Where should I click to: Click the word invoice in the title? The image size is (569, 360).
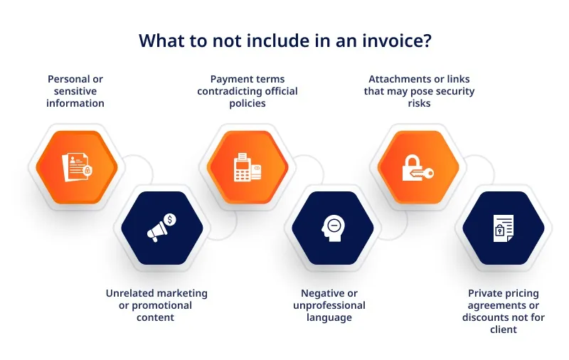(x=392, y=41)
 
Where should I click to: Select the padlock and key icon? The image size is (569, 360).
(x=418, y=168)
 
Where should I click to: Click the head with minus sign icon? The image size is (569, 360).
(x=333, y=228)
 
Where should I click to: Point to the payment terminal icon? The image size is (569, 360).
(x=248, y=167)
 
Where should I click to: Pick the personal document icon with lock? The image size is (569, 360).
(x=77, y=167)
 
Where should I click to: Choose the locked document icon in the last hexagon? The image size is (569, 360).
(x=504, y=228)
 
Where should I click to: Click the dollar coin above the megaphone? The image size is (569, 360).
(x=170, y=220)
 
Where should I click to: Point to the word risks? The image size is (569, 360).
(x=419, y=103)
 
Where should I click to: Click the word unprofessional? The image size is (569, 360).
(x=329, y=305)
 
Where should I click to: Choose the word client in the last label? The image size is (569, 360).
(x=504, y=329)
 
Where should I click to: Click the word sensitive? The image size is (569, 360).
(x=75, y=91)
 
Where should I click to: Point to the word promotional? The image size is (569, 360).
(x=161, y=305)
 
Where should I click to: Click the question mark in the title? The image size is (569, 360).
(x=427, y=41)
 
